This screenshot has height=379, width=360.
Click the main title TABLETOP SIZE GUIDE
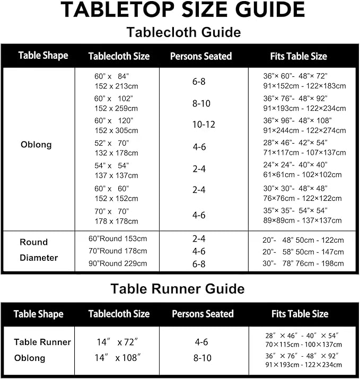coord(183,10)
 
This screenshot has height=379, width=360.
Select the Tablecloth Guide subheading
coord(183,32)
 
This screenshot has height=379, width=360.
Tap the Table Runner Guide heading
coord(177,289)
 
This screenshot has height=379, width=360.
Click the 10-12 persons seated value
coord(204,125)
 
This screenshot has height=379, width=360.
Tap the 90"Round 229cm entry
coord(118,263)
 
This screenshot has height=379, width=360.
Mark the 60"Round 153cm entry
coord(118,239)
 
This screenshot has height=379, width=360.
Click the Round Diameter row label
coord(39,250)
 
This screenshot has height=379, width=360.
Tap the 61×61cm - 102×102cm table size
coord(303,175)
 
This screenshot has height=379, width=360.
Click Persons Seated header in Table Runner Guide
coord(203,314)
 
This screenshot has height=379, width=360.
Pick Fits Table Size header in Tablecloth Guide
coord(298,56)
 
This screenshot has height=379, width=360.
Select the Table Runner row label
coord(42,342)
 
